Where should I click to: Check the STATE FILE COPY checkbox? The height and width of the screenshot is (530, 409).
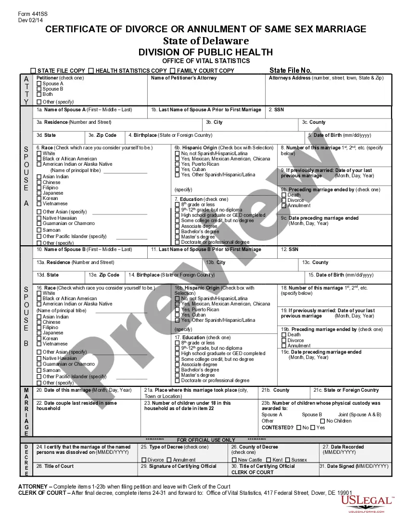click(33, 71)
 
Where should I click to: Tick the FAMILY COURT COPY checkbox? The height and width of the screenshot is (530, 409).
click(172, 71)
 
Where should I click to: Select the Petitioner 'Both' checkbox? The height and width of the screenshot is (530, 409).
click(39, 94)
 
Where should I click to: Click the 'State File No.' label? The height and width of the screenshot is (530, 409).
click(290, 70)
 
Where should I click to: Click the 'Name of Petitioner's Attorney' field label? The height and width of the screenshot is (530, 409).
click(184, 78)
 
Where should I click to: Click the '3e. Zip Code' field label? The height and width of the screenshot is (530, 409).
click(102, 135)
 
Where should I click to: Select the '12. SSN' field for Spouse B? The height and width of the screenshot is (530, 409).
click(290, 250)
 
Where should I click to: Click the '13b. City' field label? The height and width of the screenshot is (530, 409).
click(216, 263)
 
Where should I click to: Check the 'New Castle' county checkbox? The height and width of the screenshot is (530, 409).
click(234, 460)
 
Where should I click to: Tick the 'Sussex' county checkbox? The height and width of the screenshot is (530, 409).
click(287, 460)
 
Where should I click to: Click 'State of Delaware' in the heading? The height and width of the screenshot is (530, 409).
click(205, 40)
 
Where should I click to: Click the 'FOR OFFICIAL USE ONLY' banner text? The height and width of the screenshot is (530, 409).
click(206, 440)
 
